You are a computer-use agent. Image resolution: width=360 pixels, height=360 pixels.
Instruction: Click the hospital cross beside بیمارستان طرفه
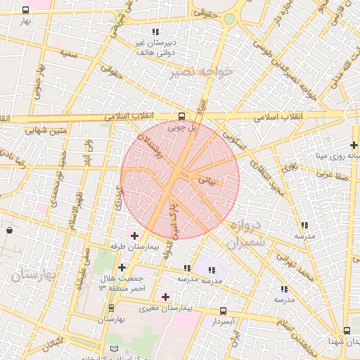click(134, 235)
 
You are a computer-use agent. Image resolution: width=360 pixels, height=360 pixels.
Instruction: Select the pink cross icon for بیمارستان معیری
click(165, 297)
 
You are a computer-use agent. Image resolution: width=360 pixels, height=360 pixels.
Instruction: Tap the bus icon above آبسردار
click(223, 311)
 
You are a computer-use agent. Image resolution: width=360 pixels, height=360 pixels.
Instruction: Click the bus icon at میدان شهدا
click(347, 331)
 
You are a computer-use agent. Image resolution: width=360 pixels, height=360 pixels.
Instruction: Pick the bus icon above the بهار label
click(26, 11)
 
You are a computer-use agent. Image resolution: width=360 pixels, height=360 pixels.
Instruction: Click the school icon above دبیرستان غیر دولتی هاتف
click(155, 32)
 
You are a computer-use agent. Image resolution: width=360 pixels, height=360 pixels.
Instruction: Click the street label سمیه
click(68, 53)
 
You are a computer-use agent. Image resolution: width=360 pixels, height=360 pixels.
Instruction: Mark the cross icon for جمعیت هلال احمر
click(122, 267)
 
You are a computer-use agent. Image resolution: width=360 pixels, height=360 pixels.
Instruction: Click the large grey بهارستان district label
click(33, 274)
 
